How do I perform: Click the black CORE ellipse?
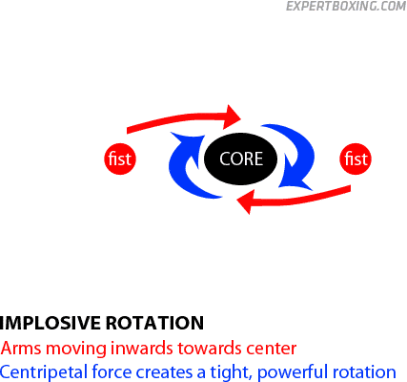240,159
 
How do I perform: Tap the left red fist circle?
120,159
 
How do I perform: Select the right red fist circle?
356,159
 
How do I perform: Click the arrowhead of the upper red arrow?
232,117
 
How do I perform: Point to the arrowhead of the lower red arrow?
246,202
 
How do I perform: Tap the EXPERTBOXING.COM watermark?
346,6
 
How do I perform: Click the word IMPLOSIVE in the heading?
51,323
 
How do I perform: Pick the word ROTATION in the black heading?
154,323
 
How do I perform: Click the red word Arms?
21,348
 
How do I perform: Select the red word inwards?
142,348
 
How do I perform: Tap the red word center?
272,349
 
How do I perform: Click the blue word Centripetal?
44,371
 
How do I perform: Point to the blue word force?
112,371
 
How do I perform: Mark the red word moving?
76,349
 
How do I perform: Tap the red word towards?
210,349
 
